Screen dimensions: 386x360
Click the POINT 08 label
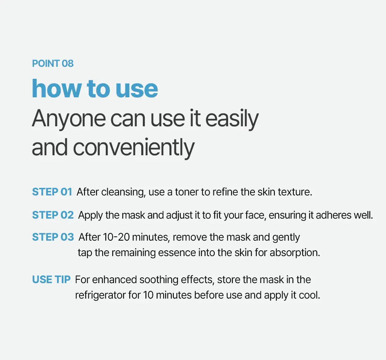pos(52,64)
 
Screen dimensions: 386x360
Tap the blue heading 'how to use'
pos(95,89)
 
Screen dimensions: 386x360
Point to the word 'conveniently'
pos(134,148)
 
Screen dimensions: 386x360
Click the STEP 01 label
pos(52,192)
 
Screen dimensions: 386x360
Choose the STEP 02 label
pos(53,215)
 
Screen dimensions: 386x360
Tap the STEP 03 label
pos(53,237)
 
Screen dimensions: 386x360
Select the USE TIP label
pos(51,280)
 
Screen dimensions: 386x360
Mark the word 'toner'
pos(186,192)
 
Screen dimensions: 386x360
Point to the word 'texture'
pos(295,192)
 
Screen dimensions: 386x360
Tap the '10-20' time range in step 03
pos(116,237)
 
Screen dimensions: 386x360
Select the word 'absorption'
pos(295,253)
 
